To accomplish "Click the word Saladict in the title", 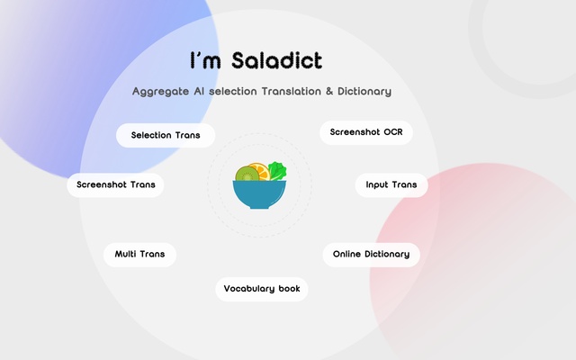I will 275,61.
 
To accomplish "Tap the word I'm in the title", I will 203,61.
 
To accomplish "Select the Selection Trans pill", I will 166,135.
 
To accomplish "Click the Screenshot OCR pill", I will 366,132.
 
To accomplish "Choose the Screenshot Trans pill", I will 115,184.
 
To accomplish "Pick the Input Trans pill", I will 391,184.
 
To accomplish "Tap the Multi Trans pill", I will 139,254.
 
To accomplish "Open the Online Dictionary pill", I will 371,254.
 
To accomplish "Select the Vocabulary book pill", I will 261,289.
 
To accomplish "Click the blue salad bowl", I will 259,193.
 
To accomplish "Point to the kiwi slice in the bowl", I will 246,174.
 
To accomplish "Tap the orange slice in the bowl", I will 259,170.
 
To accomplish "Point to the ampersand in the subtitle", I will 315,91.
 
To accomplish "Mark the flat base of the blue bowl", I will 259,206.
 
